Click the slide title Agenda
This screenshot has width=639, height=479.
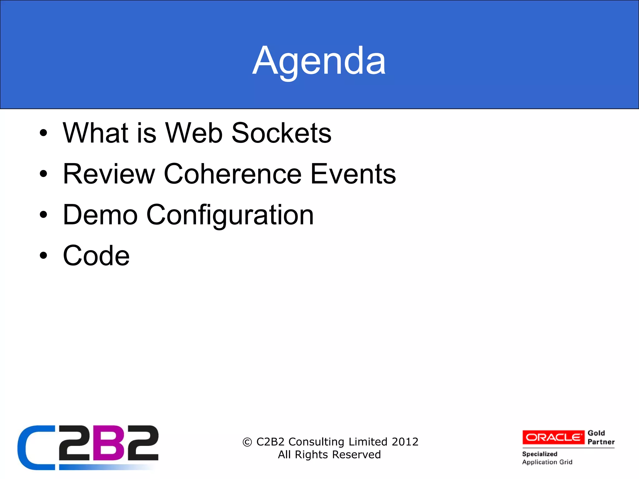tap(319, 61)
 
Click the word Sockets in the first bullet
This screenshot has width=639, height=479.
tap(281, 133)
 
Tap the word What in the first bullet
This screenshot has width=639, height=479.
tap(96, 133)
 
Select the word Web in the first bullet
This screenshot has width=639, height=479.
tap(193, 133)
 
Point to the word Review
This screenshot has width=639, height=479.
tap(109, 174)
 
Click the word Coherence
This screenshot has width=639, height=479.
tap(232, 174)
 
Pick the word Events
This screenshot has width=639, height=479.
tap(353, 174)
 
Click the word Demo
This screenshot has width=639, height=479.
tap(100, 215)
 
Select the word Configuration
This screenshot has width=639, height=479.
tap(230, 215)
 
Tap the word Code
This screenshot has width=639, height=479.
tap(96, 256)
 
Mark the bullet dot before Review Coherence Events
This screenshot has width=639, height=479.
tap(43, 174)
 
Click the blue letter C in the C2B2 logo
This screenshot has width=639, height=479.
tap(34, 448)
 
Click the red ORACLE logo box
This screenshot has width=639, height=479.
tap(553, 437)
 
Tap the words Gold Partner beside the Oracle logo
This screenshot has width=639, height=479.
tap(601, 437)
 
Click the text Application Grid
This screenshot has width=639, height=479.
tap(547, 462)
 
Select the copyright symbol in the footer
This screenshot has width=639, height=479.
tap(247, 442)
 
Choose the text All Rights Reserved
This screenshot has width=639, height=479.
tap(329, 455)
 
